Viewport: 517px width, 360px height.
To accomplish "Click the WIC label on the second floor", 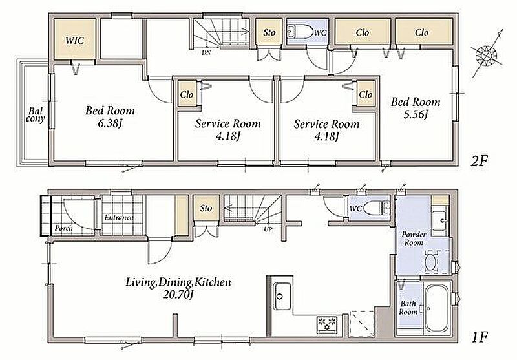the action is [x=74, y=41].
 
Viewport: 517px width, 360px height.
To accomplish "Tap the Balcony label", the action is [x=36, y=115].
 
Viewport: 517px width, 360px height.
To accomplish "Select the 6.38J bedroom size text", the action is [x=110, y=124].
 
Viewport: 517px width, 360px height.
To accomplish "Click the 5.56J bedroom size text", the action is [x=416, y=115].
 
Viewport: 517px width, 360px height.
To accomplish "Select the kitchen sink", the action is [x=282, y=297].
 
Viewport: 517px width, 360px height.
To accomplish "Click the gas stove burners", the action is [x=327, y=323].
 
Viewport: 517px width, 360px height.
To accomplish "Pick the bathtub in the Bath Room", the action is [x=438, y=308].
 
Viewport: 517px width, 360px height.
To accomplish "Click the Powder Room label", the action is [x=414, y=238].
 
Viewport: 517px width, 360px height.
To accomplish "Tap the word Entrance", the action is [x=119, y=218].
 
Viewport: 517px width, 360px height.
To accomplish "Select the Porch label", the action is [x=63, y=228].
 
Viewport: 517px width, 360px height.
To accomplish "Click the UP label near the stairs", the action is [x=268, y=229].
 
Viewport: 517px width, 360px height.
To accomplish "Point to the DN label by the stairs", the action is [x=206, y=53].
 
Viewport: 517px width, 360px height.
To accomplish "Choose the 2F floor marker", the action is [x=479, y=161].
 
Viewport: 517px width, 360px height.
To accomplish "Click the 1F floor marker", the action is [x=480, y=337].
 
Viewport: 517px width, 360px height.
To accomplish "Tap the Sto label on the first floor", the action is [x=206, y=208].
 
